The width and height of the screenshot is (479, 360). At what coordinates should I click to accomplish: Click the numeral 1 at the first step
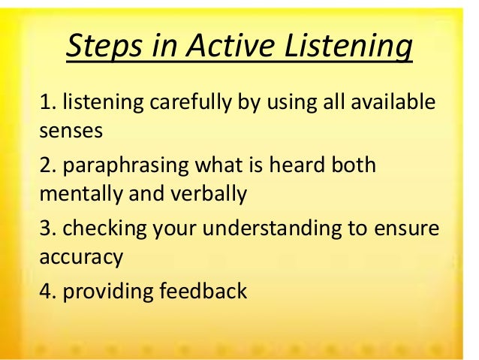(44, 101)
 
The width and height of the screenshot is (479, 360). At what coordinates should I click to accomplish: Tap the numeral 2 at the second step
(45, 164)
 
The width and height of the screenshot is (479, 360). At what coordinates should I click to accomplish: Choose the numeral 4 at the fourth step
(45, 290)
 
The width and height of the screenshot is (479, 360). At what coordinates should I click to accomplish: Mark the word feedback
(203, 290)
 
